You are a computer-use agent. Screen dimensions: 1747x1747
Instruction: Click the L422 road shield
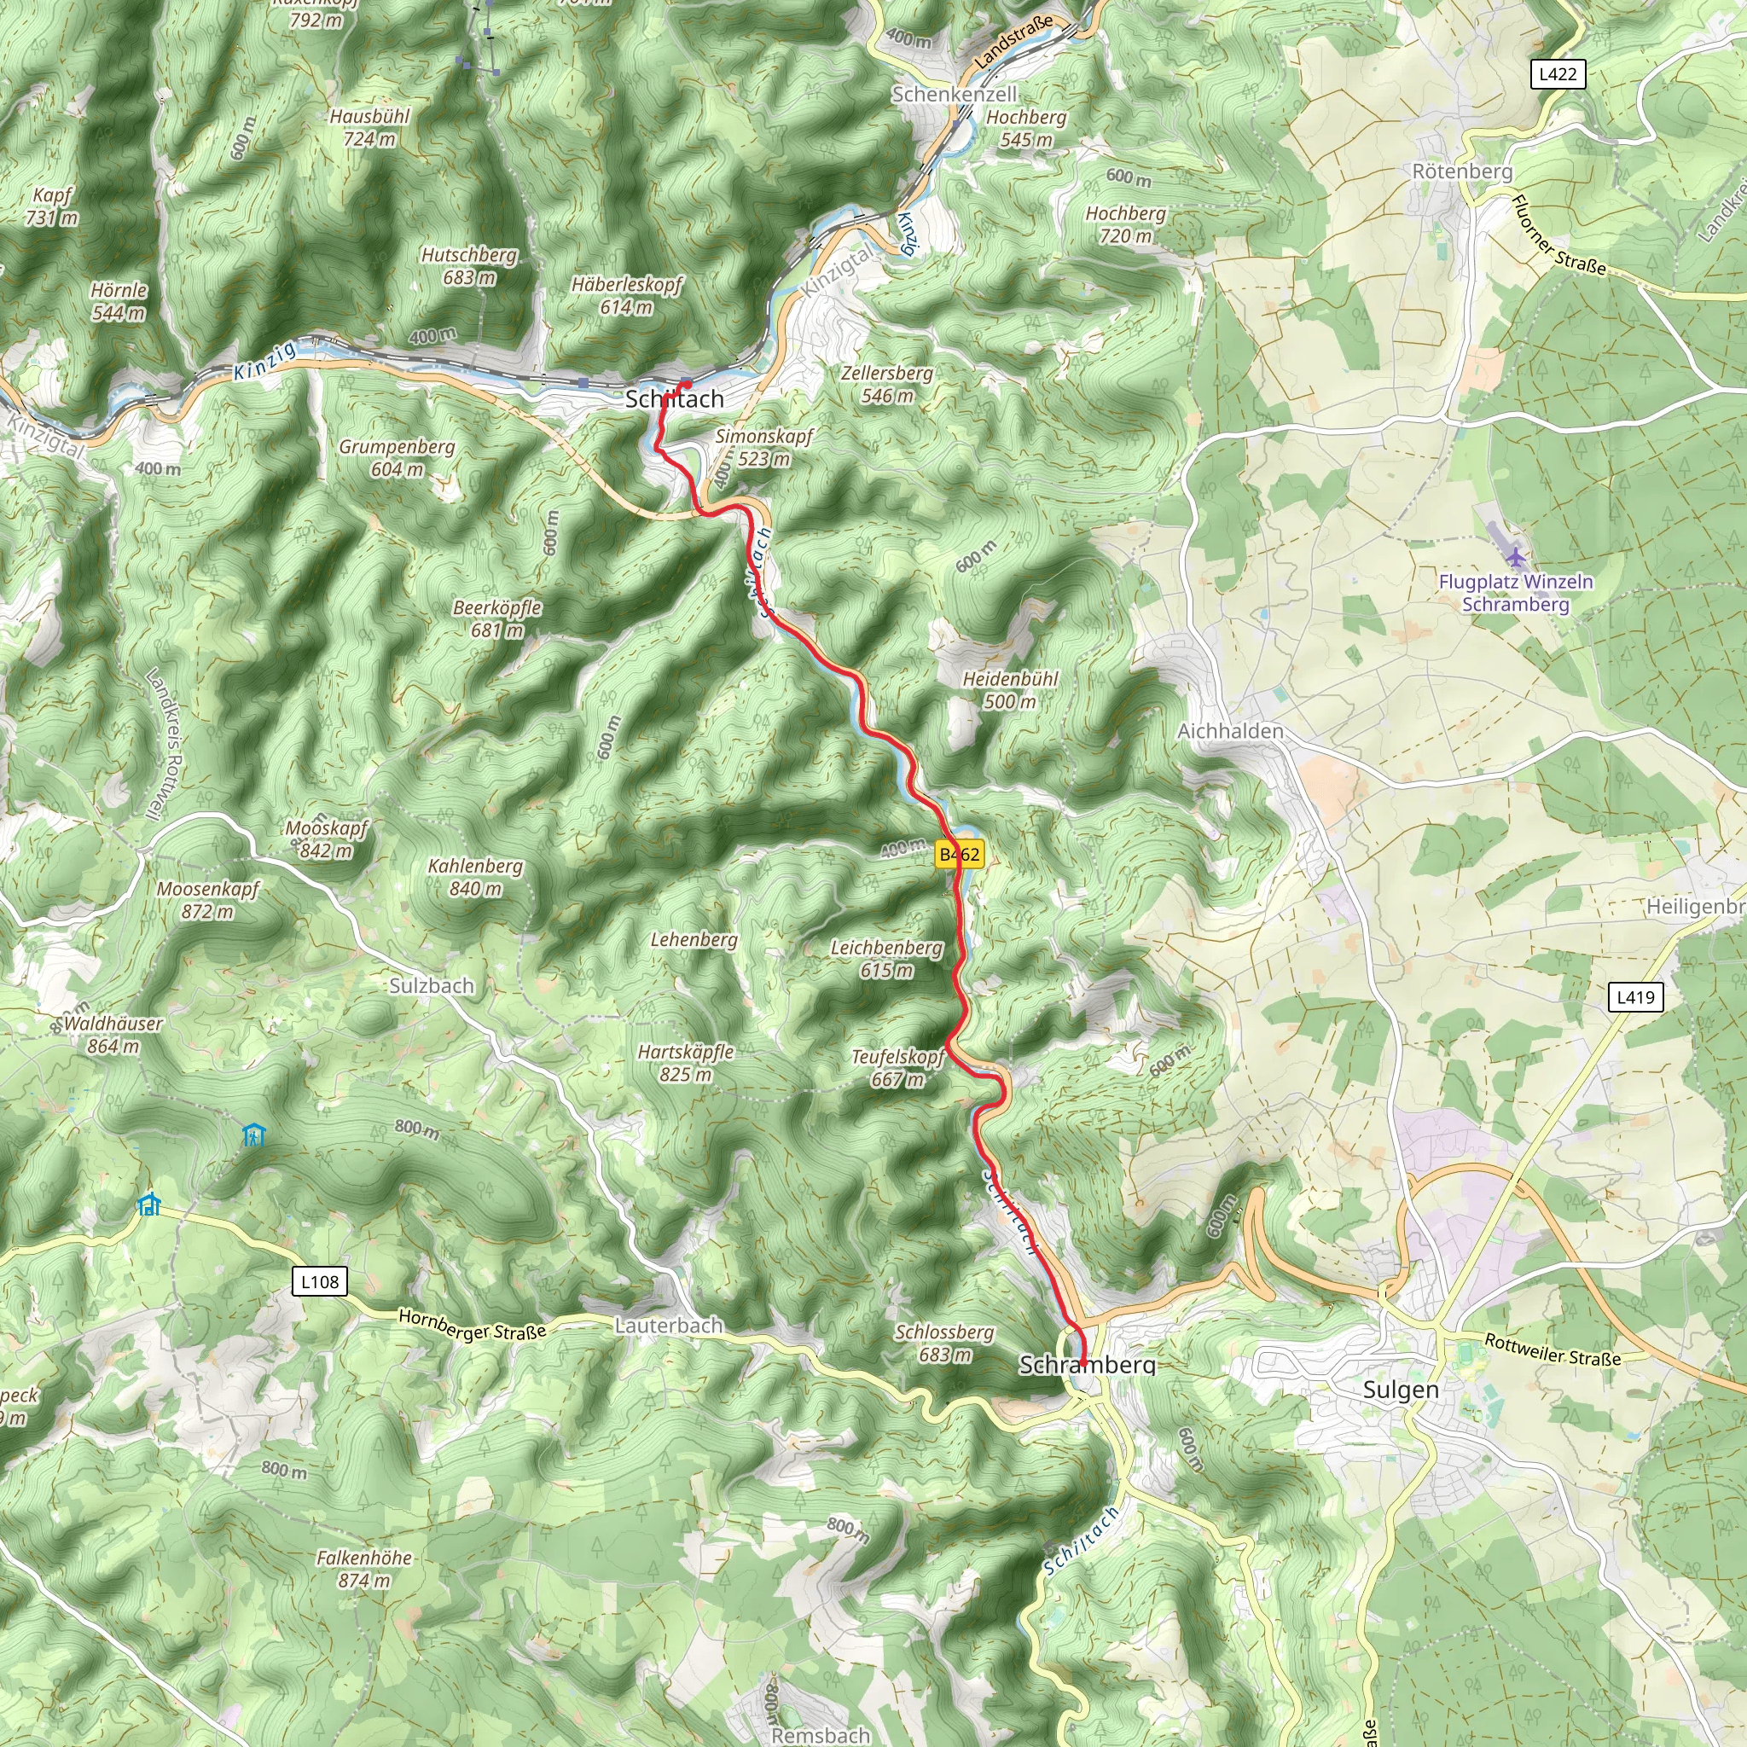pyautogui.click(x=1557, y=74)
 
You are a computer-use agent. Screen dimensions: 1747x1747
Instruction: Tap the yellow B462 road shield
pyautogui.click(x=959, y=854)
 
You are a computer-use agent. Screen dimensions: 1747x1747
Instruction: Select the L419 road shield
pyautogui.click(x=1635, y=997)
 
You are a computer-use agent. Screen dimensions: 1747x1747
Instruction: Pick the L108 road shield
pyautogui.click(x=320, y=1281)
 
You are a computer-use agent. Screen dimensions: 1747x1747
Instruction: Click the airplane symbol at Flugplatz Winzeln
pyautogui.click(x=1517, y=556)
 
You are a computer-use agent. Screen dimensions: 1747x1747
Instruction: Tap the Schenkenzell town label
pyautogui.click(x=954, y=95)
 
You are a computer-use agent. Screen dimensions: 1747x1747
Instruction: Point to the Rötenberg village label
pyautogui.click(x=1462, y=171)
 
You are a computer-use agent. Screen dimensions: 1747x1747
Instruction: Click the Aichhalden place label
pyautogui.click(x=1230, y=731)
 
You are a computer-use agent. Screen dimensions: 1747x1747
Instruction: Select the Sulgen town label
pyautogui.click(x=1400, y=1390)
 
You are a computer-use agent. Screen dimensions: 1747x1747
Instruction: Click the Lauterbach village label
pyautogui.click(x=668, y=1326)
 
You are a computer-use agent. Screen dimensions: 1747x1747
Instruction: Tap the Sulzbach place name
pyautogui.click(x=432, y=985)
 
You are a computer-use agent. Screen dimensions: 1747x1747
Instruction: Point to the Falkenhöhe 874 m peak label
pyautogui.click(x=363, y=1570)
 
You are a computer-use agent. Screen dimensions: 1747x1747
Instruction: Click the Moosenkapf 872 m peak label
pyautogui.click(x=208, y=901)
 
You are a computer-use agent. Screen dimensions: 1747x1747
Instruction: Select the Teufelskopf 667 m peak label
pyautogui.click(x=898, y=1068)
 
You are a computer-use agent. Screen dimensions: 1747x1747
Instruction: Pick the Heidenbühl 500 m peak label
pyautogui.click(x=1010, y=690)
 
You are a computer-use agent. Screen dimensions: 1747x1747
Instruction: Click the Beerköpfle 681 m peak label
pyautogui.click(x=497, y=618)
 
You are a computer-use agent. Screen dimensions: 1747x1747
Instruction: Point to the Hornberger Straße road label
pyautogui.click(x=473, y=1326)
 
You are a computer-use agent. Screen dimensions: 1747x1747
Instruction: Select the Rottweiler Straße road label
pyautogui.click(x=1552, y=1350)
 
